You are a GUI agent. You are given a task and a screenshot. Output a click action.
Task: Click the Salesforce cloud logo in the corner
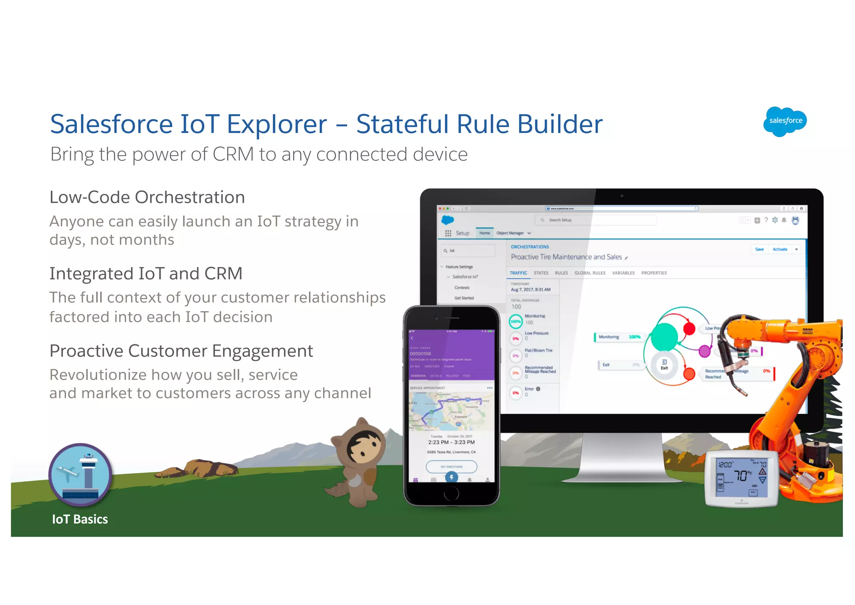coord(784,121)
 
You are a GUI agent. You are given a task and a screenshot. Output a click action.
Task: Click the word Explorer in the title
coord(276,124)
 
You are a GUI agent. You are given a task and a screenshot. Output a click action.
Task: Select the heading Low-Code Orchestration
coord(147,197)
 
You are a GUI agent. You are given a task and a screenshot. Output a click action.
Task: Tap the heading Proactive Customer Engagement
coord(181,351)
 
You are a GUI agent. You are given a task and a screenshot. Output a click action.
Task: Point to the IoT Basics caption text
coord(80,519)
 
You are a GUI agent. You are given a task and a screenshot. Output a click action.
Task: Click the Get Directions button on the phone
coord(451,466)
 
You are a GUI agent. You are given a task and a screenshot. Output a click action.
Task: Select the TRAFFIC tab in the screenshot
coord(518,273)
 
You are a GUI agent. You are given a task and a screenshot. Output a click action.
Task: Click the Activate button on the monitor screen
coord(779,249)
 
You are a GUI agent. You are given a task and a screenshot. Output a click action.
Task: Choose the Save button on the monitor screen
coord(759,249)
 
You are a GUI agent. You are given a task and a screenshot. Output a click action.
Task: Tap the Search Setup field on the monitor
coord(595,220)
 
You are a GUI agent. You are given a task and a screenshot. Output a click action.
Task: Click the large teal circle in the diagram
coord(664,336)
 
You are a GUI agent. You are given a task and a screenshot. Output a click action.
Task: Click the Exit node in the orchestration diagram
coord(664,364)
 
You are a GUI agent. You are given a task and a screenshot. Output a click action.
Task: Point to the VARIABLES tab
coord(623,273)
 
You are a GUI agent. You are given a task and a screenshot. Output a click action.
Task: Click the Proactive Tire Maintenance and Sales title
coord(566,257)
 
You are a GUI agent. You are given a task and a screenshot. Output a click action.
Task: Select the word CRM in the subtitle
coord(233,154)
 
